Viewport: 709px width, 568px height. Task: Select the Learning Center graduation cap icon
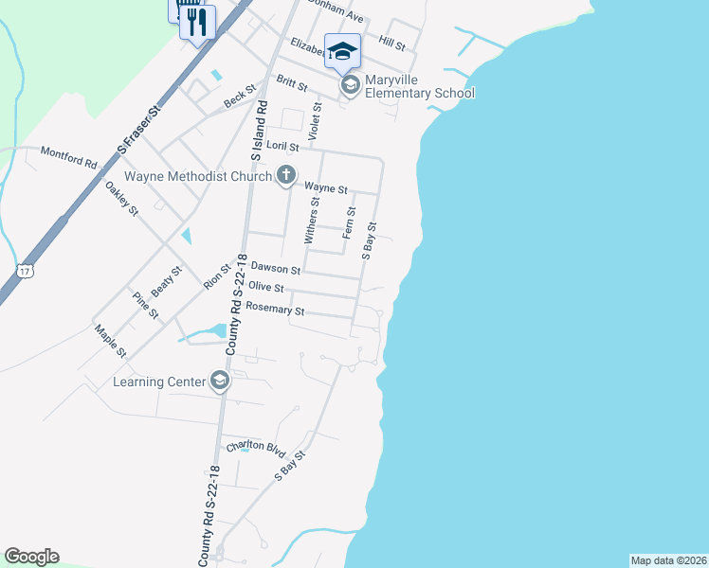pos(220,381)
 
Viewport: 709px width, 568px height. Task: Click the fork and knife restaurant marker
pos(197,21)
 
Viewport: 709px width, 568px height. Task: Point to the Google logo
pos(31,557)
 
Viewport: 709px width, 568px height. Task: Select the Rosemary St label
pos(274,310)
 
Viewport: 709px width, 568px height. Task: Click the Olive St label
pos(265,287)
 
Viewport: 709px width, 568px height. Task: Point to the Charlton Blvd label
pos(255,446)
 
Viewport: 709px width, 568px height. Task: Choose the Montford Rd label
pos(68,156)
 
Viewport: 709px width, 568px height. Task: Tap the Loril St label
pos(282,147)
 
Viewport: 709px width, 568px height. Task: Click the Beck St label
pos(240,95)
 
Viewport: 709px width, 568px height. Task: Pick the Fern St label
pos(350,221)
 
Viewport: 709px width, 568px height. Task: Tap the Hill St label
pos(391,44)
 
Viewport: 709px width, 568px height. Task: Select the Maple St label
pos(110,341)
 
